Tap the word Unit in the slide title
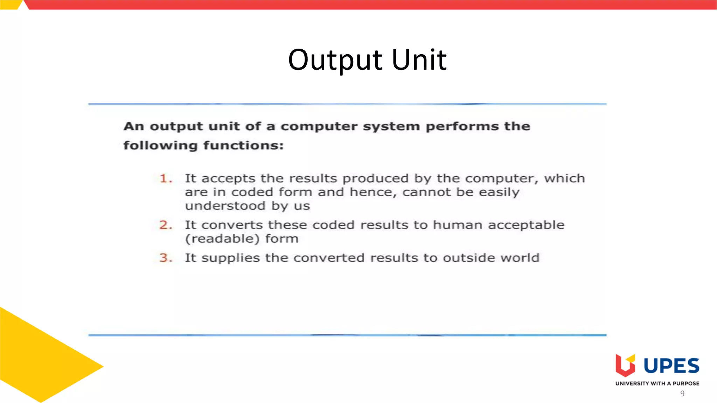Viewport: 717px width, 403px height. pyautogui.click(x=419, y=60)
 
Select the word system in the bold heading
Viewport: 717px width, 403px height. pyautogui.click(x=391, y=126)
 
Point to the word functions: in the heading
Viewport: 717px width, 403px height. pyautogui.click(x=243, y=145)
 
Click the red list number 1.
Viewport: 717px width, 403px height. pyautogui.click(x=165, y=179)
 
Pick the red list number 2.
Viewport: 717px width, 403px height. pyautogui.click(x=165, y=225)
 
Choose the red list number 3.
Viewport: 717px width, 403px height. pyautogui.click(x=165, y=258)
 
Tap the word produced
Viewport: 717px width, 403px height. pyautogui.click(x=375, y=179)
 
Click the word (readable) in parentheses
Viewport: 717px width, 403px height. pyautogui.click(x=222, y=239)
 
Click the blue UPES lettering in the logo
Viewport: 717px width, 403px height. pyautogui.click(x=671, y=366)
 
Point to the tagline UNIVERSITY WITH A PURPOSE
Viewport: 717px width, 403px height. pyautogui.click(x=657, y=383)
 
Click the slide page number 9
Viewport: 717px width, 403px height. pyautogui.click(x=682, y=394)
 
